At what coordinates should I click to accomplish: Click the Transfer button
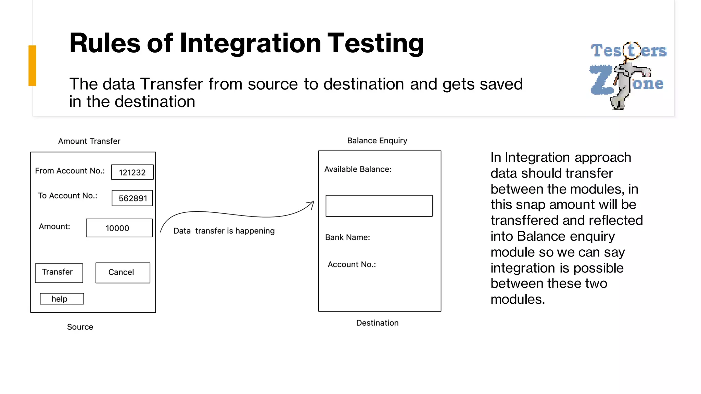coord(59,273)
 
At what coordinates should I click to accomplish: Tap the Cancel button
coord(123,273)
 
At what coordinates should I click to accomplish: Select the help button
coord(62,299)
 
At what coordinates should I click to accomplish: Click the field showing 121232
coord(132,172)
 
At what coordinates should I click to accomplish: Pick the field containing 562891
coord(132,198)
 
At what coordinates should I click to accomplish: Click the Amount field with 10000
coord(119,228)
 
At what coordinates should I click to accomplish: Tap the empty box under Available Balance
coord(379,206)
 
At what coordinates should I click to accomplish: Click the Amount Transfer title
coord(89,141)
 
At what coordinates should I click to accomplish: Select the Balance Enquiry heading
coord(377,141)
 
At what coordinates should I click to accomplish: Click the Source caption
coord(80,327)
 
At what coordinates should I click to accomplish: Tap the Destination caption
coord(377,323)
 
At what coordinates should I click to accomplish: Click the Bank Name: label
coord(347,237)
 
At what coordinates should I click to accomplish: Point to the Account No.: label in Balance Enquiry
coord(352,264)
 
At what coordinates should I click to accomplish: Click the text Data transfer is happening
coord(224,231)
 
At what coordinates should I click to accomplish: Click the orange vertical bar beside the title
coord(32,65)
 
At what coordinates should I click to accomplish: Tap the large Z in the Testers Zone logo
coord(601,80)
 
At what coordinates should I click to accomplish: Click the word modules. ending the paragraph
coord(517,299)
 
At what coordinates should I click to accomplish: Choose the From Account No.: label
coord(70,171)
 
